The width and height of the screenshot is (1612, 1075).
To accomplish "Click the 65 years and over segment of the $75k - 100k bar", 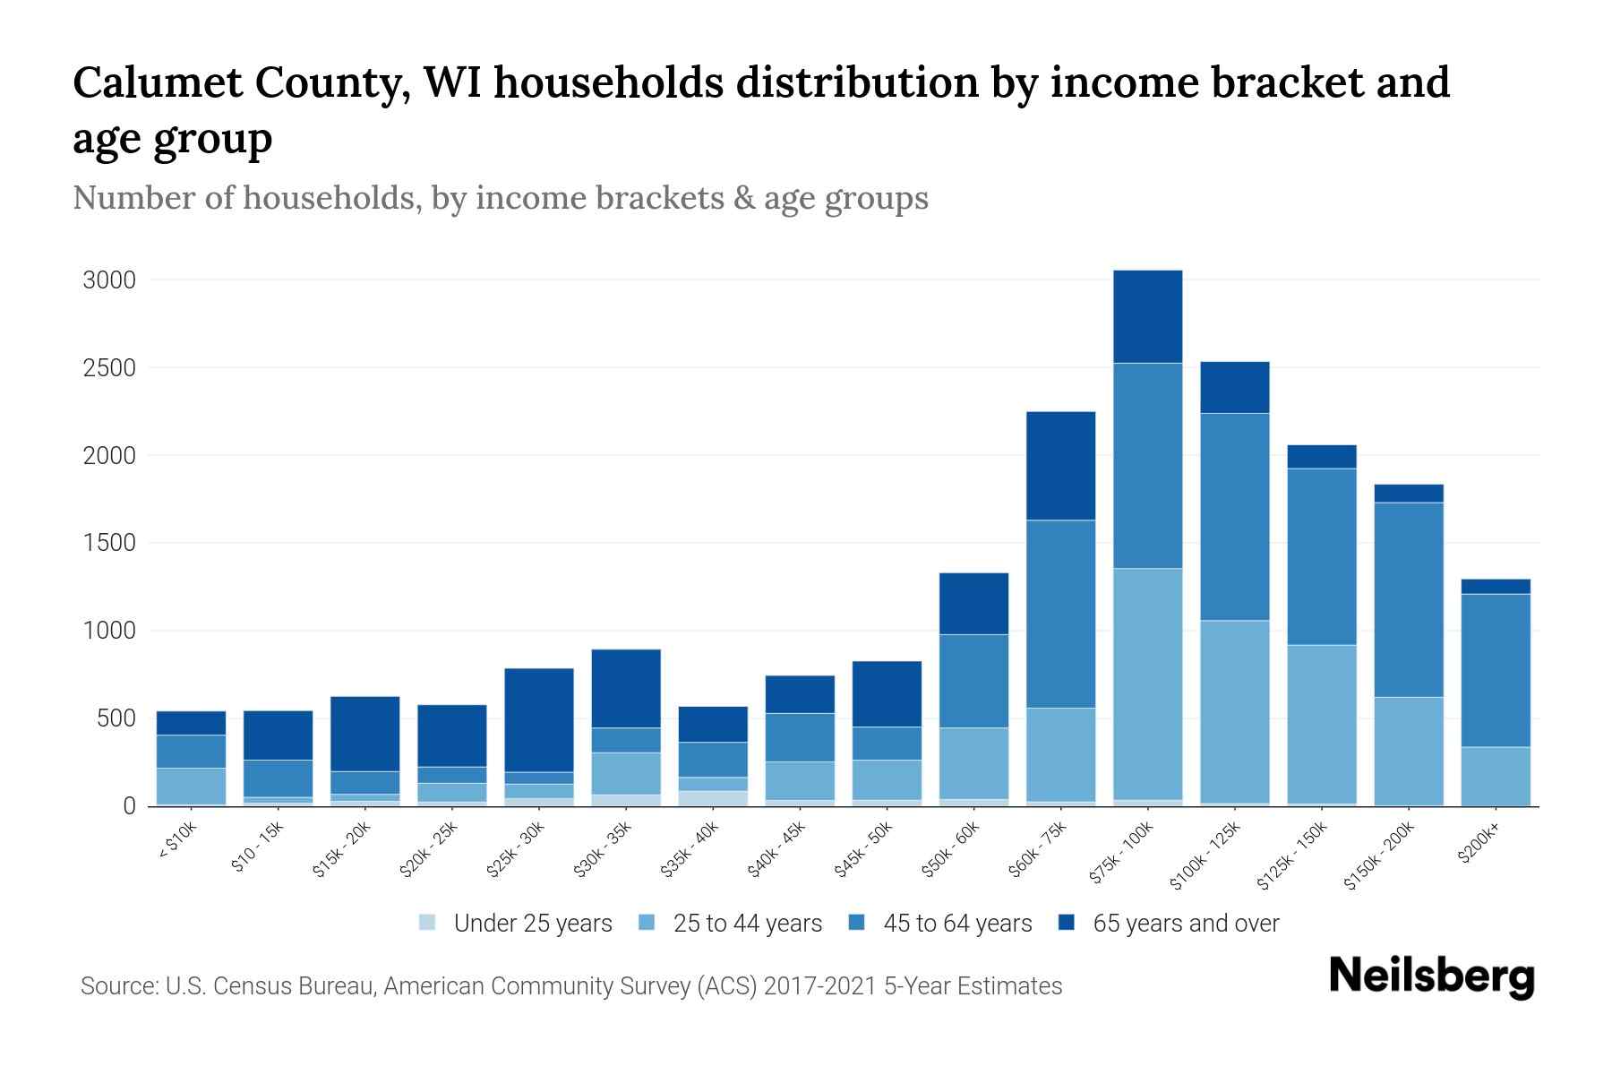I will pyautogui.click(x=1147, y=316).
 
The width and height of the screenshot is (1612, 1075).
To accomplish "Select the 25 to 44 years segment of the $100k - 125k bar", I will pyautogui.click(x=1234, y=712).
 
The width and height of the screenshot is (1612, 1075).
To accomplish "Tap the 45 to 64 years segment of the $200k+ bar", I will pyautogui.click(x=1495, y=670).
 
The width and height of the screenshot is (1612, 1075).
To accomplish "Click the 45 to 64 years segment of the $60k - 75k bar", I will pyautogui.click(x=1060, y=614).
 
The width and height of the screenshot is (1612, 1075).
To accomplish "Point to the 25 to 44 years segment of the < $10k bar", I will pyautogui.click(x=191, y=786).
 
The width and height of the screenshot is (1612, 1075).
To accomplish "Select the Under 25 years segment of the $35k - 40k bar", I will pyautogui.click(x=713, y=797).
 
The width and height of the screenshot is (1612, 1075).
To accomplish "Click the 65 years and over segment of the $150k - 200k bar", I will pyautogui.click(x=1408, y=494).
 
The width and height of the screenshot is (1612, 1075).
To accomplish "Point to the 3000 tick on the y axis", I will pyautogui.click(x=109, y=280).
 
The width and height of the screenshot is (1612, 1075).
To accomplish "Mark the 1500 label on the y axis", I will pyautogui.click(x=109, y=543).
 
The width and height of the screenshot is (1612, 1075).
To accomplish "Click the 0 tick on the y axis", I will pyautogui.click(x=129, y=806).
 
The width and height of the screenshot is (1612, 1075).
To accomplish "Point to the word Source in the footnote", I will pyautogui.click(x=116, y=986).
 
